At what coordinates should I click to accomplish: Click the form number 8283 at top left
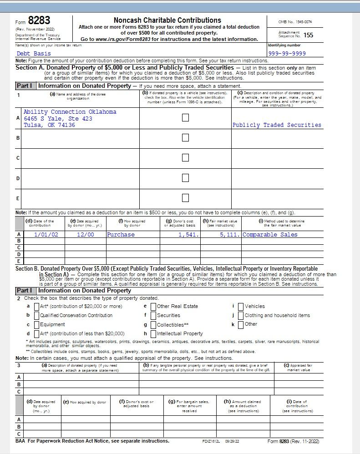tap(39, 20)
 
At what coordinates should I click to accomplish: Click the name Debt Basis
tap(34, 54)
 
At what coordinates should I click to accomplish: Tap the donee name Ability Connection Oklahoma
tap(70, 112)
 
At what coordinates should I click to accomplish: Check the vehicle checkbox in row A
tap(185, 117)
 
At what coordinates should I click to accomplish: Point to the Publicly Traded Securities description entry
tap(277, 125)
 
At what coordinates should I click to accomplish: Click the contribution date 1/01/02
tap(46, 235)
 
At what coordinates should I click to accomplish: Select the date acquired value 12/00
tap(86, 235)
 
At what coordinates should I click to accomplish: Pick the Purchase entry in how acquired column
tap(121, 235)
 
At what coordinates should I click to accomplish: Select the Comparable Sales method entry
tap(270, 235)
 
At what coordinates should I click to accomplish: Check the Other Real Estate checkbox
tap(153, 306)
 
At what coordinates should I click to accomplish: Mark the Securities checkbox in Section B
tap(153, 315)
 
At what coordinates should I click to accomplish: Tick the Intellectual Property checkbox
tap(153, 333)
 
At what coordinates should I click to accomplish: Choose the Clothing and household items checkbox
tap(241, 315)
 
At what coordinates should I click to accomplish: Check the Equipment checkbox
tap(36, 324)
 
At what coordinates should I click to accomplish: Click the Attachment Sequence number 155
tap(308, 35)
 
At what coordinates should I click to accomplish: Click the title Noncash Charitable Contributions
tap(167, 20)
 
